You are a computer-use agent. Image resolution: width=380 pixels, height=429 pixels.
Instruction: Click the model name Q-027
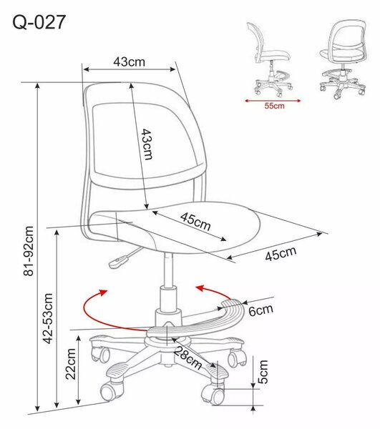tap(39, 22)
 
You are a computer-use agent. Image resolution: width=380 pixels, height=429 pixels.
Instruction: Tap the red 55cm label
tap(274, 106)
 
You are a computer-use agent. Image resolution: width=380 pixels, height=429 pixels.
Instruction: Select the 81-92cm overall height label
tap(29, 251)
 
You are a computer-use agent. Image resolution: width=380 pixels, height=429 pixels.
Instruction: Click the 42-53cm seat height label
tap(48, 318)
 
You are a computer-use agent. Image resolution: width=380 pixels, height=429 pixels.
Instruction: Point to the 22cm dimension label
tap(71, 364)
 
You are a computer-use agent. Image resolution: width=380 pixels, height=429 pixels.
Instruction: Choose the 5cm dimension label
tap(263, 372)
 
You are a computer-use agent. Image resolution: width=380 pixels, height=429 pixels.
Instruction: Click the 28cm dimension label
tap(187, 357)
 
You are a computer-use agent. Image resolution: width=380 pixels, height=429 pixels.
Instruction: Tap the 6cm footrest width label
tap(261, 310)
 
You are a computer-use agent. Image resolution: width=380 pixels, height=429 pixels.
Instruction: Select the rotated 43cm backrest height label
tap(147, 144)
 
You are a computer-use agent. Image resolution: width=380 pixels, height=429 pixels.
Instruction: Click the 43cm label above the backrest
tap(130, 61)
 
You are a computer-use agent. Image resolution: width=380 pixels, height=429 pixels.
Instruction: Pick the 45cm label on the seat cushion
tap(195, 221)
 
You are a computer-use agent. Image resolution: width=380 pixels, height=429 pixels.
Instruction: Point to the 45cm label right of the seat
tap(281, 254)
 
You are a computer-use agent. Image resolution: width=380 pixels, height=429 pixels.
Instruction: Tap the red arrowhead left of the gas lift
tap(102, 292)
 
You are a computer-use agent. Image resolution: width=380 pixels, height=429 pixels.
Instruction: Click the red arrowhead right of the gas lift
tap(200, 288)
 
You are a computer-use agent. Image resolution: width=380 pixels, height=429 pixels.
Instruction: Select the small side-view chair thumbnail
tap(271, 59)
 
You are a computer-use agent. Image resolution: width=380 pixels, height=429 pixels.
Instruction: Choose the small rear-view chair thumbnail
tap(343, 59)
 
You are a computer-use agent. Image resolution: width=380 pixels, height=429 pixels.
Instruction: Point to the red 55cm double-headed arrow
tap(273, 101)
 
